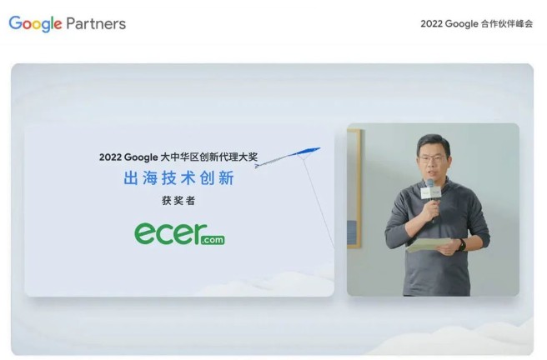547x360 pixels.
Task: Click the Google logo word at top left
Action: click(x=35, y=23)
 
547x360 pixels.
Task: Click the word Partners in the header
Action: click(x=96, y=23)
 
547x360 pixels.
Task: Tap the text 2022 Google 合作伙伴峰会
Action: click(x=476, y=23)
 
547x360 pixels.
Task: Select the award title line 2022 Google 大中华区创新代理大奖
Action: click(x=178, y=157)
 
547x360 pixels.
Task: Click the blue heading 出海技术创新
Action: click(x=178, y=177)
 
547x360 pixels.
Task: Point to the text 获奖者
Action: click(x=178, y=200)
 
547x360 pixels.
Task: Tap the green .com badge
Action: click(x=213, y=240)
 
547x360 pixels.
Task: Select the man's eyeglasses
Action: click(x=433, y=159)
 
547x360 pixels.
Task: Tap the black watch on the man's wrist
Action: click(x=462, y=245)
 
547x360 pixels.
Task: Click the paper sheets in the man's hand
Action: click(x=429, y=245)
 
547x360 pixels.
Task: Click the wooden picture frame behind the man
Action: click(x=354, y=188)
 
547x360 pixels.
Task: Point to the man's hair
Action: click(x=433, y=145)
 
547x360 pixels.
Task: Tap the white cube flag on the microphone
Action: click(x=431, y=192)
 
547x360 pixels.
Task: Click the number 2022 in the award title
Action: click(x=110, y=157)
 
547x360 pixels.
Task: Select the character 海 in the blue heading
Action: click(x=150, y=178)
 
